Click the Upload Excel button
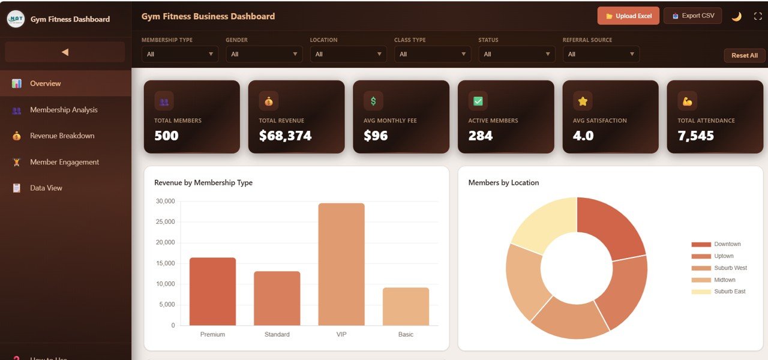pyautogui.click(x=628, y=16)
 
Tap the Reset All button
pyautogui.click(x=744, y=55)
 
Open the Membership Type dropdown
pyautogui.click(x=180, y=54)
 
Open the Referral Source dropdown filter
pyautogui.click(x=601, y=54)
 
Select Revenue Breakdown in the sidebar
pyautogui.click(x=62, y=136)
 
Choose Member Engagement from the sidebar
pyautogui.click(x=64, y=162)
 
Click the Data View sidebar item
pyautogui.click(x=46, y=188)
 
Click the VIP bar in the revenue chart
pyautogui.click(x=341, y=264)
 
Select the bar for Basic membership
pyautogui.click(x=406, y=307)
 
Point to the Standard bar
pyautogui.click(x=277, y=298)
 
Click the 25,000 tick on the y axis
pyautogui.click(x=165, y=222)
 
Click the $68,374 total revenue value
pyautogui.click(x=285, y=136)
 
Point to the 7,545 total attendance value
pyautogui.click(x=695, y=136)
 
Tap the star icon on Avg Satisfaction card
pyautogui.click(x=582, y=101)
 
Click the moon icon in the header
pyautogui.click(x=736, y=16)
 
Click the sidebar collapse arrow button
pyautogui.click(x=65, y=52)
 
